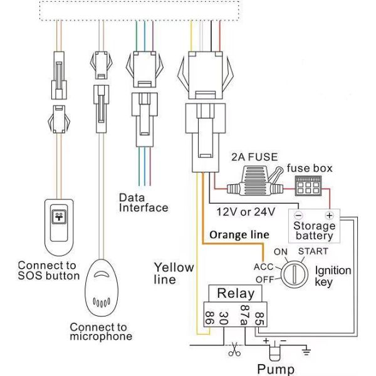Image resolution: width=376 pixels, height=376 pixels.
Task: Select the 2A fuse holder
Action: coord(254,187)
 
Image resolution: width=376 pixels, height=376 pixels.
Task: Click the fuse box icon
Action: coord(308,187)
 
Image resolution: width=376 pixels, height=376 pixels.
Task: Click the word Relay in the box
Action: coord(236,293)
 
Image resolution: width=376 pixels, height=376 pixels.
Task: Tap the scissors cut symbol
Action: coord(234,350)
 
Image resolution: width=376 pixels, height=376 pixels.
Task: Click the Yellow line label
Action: coord(174,274)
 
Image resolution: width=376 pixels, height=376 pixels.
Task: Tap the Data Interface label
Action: coord(144,202)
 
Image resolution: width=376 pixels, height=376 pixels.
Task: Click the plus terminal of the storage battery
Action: coord(328,214)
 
